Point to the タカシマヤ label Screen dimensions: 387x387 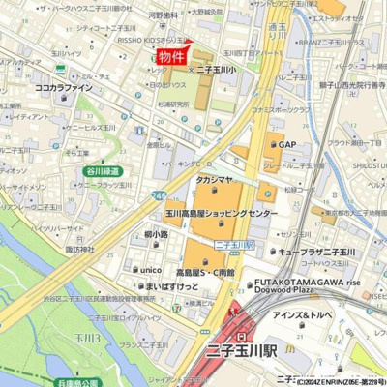218,180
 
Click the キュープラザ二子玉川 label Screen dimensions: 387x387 316,252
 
